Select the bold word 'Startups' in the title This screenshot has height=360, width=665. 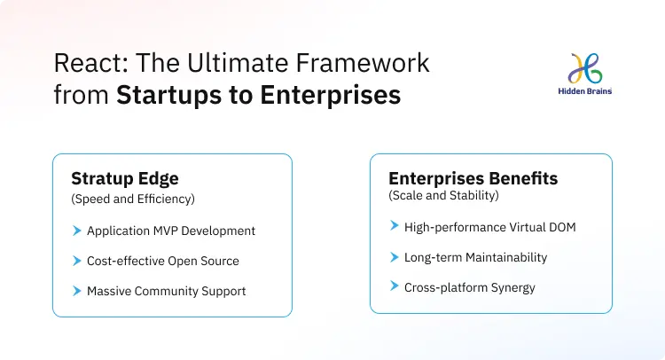click(x=165, y=95)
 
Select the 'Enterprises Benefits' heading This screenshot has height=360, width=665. click(x=473, y=178)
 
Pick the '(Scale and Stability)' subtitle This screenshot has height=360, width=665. click(x=443, y=194)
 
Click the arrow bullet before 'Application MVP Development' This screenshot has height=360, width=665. click(x=76, y=231)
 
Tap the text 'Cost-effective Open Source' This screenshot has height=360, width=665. click(x=162, y=261)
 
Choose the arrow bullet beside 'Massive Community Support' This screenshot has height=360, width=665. click(x=76, y=291)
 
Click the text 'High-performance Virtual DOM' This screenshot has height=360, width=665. click(x=489, y=227)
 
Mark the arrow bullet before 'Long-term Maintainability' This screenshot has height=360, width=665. click(x=394, y=257)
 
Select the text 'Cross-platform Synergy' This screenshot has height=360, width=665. click(x=469, y=287)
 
